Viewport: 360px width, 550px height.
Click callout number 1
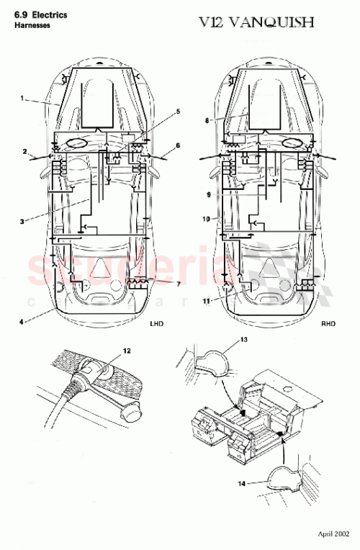(x=23, y=97)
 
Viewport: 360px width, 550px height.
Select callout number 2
(x=24, y=152)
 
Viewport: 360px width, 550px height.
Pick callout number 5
(x=179, y=112)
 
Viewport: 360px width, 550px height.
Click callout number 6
(x=177, y=146)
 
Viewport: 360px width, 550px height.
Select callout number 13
(x=243, y=339)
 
